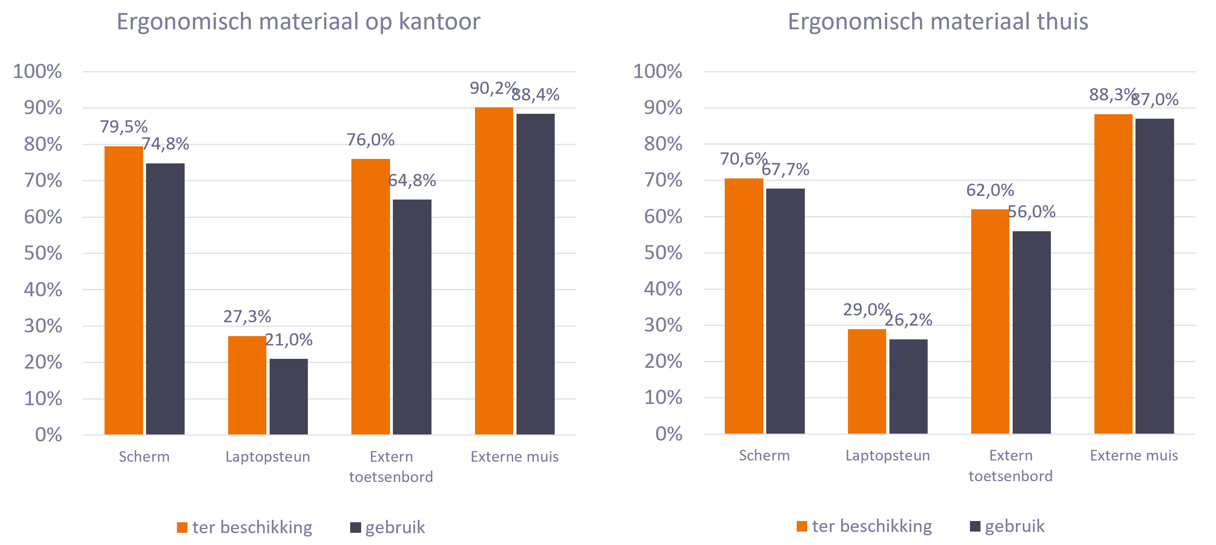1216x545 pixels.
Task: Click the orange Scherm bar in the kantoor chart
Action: click(x=124, y=290)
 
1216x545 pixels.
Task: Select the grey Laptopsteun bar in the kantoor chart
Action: click(x=288, y=396)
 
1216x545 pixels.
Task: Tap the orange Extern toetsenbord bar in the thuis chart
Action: click(x=990, y=321)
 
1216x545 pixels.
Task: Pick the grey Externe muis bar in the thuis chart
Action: click(x=1154, y=276)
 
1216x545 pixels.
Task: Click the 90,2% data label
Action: click(x=493, y=88)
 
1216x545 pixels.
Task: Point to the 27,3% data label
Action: click(x=247, y=317)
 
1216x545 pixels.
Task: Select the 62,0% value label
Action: click(x=990, y=190)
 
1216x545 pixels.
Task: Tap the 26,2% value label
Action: click(x=908, y=320)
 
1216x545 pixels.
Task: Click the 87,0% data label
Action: click(x=1155, y=100)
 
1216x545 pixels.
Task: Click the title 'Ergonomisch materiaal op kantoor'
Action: click(x=299, y=22)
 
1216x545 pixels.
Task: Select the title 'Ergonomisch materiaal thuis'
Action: click(x=937, y=22)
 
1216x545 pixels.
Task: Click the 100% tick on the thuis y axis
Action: click(x=657, y=71)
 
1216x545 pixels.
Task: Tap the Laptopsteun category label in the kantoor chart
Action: click(x=268, y=457)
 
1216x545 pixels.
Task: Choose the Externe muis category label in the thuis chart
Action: click(x=1134, y=455)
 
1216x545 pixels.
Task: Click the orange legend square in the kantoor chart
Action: click(x=182, y=528)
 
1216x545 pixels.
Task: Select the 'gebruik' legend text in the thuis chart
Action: click(x=1014, y=526)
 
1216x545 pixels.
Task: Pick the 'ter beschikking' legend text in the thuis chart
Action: click(x=872, y=526)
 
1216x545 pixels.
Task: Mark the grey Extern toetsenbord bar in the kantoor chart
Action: click(x=412, y=317)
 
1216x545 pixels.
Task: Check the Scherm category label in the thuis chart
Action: click(x=764, y=455)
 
